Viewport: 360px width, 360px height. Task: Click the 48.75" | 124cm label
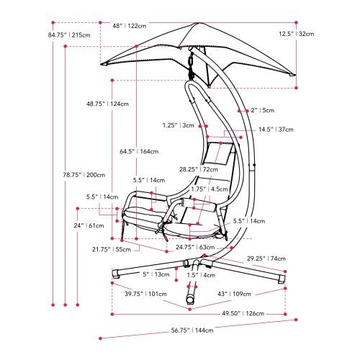[109, 104]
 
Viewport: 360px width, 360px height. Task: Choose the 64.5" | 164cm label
[140, 151]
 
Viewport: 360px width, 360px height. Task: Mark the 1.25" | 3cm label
[179, 125]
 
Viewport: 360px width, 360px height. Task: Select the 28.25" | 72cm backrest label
[199, 169]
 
